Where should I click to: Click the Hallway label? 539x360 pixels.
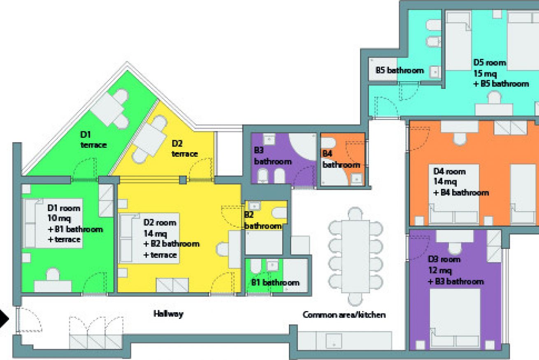(x=168, y=314)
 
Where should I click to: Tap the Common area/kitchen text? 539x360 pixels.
(x=344, y=315)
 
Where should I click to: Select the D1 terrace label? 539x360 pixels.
(x=93, y=140)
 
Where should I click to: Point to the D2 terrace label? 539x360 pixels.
(x=185, y=149)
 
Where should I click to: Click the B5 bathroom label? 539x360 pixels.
(x=400, y=70)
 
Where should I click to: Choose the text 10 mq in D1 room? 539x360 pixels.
(x=59, y=218)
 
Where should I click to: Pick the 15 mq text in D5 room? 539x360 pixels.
(x=485, y=73)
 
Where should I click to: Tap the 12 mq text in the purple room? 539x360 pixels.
(x=440, y=270)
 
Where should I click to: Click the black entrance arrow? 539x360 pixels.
(x=4, y=319)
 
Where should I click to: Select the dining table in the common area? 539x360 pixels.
(x=355, y=256)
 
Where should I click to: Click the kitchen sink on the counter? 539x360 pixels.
(x=334, y=341)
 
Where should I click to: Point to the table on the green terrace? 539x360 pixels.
(x=107, y=109)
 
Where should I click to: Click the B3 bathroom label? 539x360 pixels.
(x=273, y=156)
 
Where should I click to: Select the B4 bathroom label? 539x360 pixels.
(x=341, y=159)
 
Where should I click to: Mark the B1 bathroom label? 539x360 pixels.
(x=275, y=283)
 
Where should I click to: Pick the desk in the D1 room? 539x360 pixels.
(x=53, y=286)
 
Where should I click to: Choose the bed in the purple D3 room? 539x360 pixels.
(x=455, y=318)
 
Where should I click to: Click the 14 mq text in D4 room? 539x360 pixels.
(x=445, y=181)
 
